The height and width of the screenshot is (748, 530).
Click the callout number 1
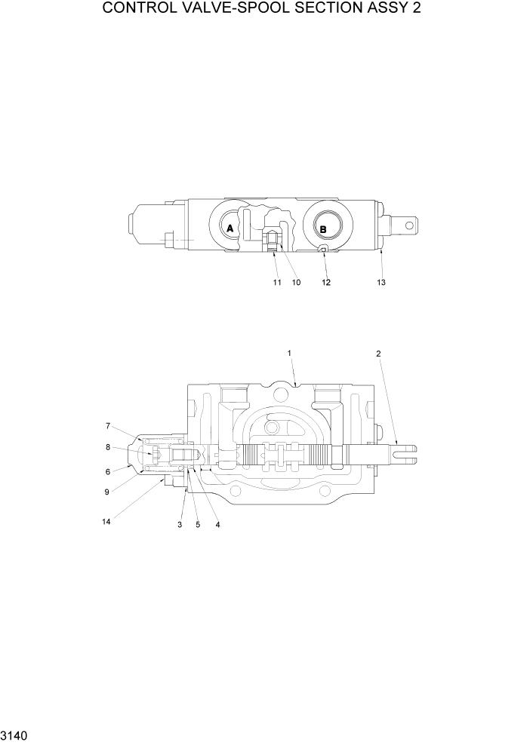coord(288,352)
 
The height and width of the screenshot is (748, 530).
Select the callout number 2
coord(378,352)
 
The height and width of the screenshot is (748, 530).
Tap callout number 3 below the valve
coord(180,524)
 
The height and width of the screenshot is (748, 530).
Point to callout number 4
coord(217,524)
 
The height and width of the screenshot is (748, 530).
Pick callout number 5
coord(198,524)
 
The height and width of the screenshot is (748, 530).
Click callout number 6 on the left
coord(108,471)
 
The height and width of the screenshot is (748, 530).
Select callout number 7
coord(108,425)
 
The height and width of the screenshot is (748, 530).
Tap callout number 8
coord(108,446)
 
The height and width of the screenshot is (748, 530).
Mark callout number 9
coord(108,492)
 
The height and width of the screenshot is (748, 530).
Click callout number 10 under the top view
coord(296,283)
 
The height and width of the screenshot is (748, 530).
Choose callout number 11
coord(277,283)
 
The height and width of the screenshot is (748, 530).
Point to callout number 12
coord(326,283)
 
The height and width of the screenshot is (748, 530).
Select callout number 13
coord(381,283)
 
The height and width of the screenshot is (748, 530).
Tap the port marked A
coord(230,227)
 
